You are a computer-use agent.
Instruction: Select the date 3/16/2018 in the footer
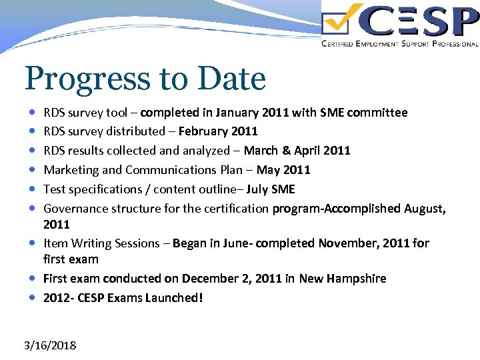pyautogui.click(x=50, y=345)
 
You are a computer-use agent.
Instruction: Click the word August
pyautogui.click(x=423, y=209)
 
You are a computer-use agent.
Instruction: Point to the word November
pyautogui.click(x=346, y=243)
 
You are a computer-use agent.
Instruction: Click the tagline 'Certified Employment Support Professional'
pyautogui.click(x=399, y=44)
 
